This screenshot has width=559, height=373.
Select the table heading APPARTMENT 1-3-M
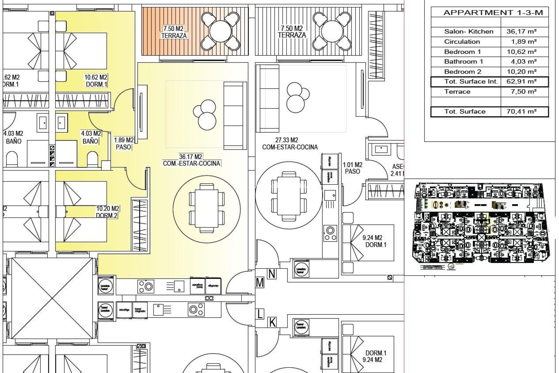point(493,13)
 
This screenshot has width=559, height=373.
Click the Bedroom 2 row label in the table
point(463,72)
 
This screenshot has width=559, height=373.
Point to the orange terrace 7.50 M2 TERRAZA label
point(174,32)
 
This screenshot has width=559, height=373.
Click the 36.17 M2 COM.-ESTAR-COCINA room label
point(191,160)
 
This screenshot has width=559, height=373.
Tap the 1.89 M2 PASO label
point(123,144)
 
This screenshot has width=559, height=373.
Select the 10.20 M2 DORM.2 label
point(107,212)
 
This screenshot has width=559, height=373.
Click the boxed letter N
point(272,274)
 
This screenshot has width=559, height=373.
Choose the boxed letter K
point(272,322)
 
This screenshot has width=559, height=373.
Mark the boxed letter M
point(260,283)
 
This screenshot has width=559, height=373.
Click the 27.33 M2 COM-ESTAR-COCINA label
point(289,144)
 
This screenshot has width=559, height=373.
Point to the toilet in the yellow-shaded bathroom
point(93,159)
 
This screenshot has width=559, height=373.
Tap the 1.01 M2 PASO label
point(353,168)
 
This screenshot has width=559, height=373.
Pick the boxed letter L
point(260,314)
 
